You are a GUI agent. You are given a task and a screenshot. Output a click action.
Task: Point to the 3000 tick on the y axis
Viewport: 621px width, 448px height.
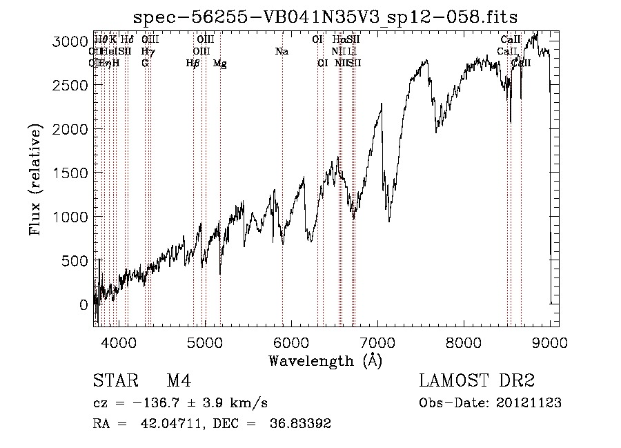pyautogui.click(x=71, y=42)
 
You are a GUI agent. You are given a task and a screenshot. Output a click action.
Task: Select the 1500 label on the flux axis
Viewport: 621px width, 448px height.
pyautogui.click(x=71, y=173)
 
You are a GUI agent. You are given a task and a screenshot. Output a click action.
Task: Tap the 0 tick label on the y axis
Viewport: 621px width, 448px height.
pyautogui.click(x=83, y=304)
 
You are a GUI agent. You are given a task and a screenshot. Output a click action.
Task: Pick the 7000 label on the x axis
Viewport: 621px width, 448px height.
pyautogui.click(x=377, y=341)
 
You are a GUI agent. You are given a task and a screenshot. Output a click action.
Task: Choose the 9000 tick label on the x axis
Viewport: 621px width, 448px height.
pyautogui.click(x=550, y=341)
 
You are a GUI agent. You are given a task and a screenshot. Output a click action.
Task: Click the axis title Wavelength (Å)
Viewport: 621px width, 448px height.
pyautogui.click(x=325, y=360)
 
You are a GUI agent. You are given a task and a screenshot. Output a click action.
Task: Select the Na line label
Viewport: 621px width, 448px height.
pyautogui.click(x=282, y=52)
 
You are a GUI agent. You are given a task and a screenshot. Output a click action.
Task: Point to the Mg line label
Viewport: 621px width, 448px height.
pyautogui.click(x=220, y=64)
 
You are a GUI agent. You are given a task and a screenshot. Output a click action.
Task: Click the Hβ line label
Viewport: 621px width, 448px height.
pyautogui.click(x=193, y=64)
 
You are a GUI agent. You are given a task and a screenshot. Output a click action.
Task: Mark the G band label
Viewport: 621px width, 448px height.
pyautogui.click(x=145, y=64)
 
